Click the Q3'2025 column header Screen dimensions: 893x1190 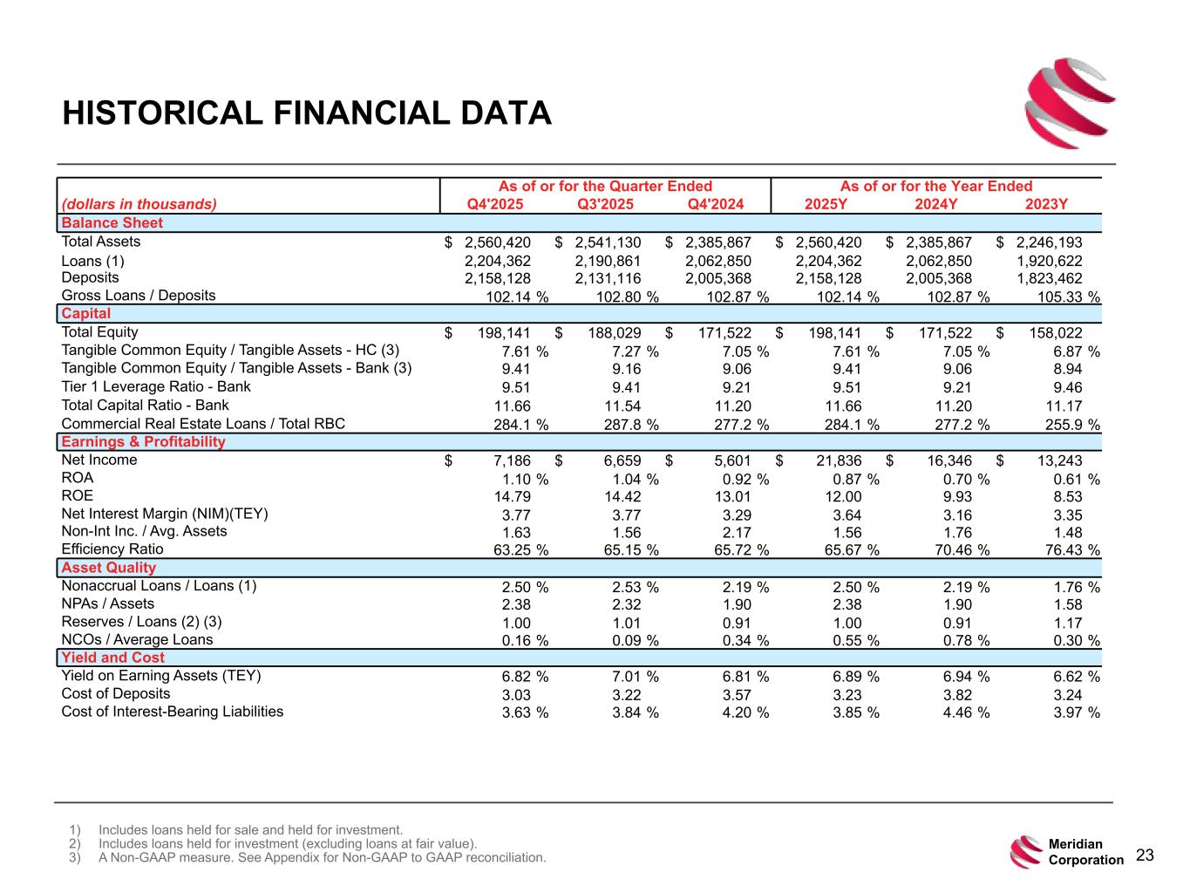605,205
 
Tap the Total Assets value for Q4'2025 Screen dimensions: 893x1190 498,242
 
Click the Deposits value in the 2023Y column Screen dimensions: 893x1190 1050,279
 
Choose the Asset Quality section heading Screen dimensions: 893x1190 109,568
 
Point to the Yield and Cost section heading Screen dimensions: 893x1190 113,658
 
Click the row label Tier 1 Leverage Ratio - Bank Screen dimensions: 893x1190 156,387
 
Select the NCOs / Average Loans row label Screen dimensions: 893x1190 137,639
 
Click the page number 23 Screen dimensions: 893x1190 1145,856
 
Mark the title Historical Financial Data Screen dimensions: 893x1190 307,113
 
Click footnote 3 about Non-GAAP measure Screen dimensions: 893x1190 322,858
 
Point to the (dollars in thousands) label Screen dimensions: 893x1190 139,205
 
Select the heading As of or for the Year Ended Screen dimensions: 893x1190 935,186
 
